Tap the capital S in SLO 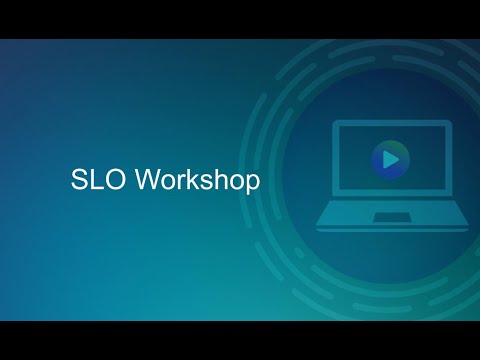coord(79,180)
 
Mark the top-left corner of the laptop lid coord(334,122)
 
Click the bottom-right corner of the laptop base coord(468,228)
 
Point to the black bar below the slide coord(240,340)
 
